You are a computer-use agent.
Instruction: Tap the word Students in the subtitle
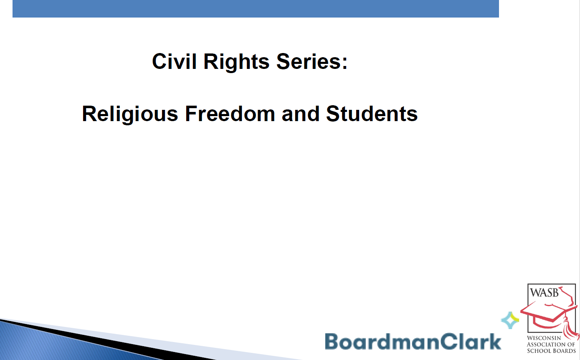pyautogui.click(x=372, y=114)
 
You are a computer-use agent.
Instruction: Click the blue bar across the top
pyautogui.click(x=256, y=8)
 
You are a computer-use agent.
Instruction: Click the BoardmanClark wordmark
pyautogui.click(x=413, y=341)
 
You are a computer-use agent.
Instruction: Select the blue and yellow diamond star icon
pyautogui.click(x=509, y=320)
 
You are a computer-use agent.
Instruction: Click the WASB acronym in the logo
pyautogui.click(x=544, y=292)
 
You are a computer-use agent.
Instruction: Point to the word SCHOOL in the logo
pyautogui.click(x=538, y=350)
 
